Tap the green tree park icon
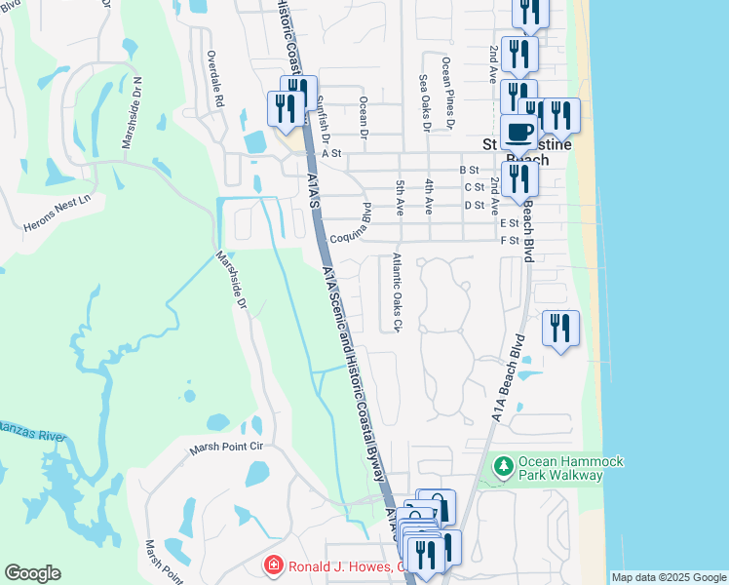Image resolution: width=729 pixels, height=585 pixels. [504, 468]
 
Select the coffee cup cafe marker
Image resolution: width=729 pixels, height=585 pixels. [518, 134]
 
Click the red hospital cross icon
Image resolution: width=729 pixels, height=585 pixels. [275, 566]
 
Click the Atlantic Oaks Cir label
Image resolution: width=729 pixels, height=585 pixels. [396, 292]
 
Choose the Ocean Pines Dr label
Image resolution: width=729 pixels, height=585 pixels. [446, 93]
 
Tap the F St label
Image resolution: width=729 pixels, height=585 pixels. [509, 240]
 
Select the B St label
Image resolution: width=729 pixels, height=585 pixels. [469, 170]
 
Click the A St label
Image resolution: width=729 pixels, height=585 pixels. [333, 153]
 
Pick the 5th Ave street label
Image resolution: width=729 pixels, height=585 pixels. [400, 198]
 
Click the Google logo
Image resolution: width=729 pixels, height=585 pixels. [32, 573]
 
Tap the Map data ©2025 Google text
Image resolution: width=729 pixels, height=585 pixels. [668, 577]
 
